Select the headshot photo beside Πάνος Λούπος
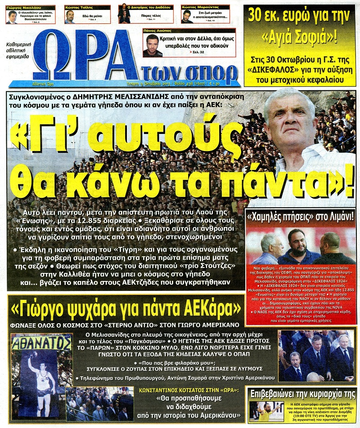click(x=152, y=45)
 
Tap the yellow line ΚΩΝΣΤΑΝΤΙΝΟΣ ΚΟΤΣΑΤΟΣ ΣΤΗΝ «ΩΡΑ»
click(x=198, y=388)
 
